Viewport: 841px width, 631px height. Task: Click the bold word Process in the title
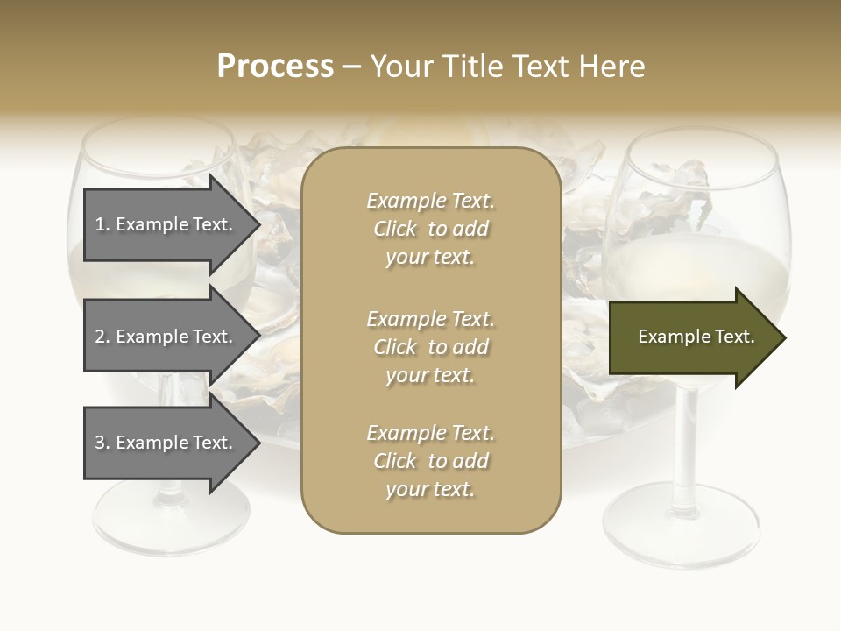click(x=275, y=67)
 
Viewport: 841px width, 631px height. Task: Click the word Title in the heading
click(x=472, y=67)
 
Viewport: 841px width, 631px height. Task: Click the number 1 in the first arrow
click(x=101, y=224)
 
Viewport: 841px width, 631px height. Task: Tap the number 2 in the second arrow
click(x=101, y=337)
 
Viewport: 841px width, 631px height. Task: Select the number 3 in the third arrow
click(x=101, y=443)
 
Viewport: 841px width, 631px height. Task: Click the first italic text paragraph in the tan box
click(x=430, y=229)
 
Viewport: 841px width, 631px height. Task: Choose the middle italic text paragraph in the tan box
click(x=430, y=347)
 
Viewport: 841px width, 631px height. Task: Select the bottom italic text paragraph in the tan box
click(x=430, y=461)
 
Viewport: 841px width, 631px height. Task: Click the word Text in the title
click(x=540, y=67)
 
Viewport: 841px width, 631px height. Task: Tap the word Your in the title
click(x=403, y=67)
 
